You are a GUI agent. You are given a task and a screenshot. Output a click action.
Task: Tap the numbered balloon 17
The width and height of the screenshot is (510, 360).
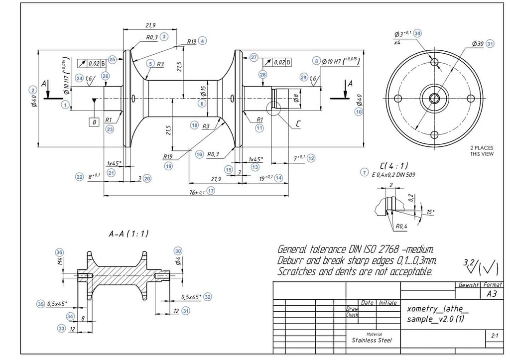(211, 191)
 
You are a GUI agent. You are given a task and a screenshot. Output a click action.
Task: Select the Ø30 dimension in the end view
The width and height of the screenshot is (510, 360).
(478, 44)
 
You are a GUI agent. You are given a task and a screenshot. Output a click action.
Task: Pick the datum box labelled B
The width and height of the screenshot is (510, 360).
(93, 121)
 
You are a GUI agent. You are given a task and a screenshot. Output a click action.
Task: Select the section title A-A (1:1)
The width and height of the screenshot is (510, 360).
(128, 233)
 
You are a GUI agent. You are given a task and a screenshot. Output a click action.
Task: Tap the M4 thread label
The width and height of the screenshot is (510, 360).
(60, 261)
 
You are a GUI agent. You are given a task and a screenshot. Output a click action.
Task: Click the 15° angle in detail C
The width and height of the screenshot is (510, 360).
(430, 213)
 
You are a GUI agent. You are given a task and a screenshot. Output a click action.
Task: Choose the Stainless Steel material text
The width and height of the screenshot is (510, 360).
(372, 341)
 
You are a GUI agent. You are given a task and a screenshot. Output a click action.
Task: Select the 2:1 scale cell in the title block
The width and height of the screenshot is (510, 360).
(494, 336)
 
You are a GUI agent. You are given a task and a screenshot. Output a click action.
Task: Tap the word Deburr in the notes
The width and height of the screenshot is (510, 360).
(292, 260)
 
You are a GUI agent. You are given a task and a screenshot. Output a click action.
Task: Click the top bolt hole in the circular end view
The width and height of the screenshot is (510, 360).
(434, 62)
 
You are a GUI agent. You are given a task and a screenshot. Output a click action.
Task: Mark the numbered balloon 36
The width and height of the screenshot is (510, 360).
(60, 251)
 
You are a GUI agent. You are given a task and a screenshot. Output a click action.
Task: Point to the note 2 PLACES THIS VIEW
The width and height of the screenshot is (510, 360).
(482, 151)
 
